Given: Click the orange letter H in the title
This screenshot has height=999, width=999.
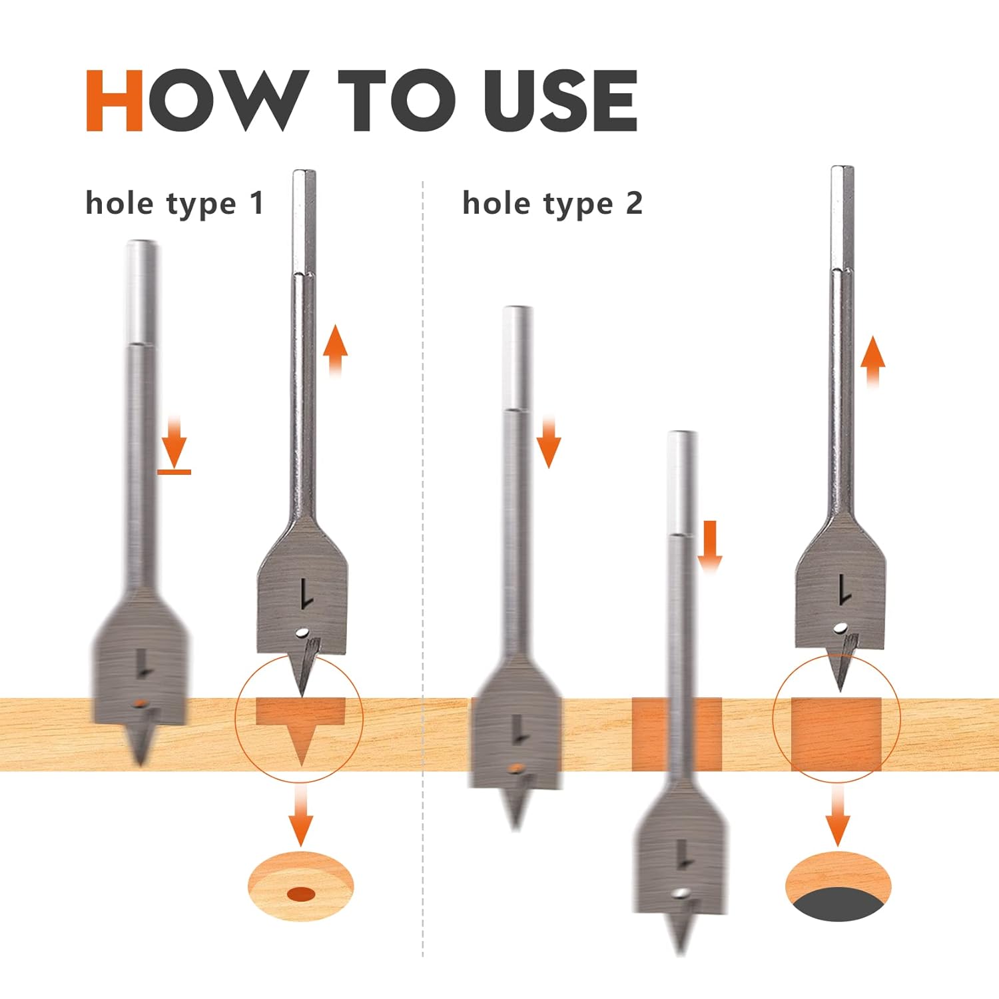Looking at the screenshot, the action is coord(114,101).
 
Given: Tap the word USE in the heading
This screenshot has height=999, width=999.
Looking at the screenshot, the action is coord(560,101).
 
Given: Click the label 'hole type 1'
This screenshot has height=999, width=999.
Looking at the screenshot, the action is coord(174,204).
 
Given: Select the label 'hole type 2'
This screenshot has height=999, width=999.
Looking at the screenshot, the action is coord(553,204).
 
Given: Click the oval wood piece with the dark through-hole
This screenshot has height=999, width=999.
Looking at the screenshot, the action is coord(838,886).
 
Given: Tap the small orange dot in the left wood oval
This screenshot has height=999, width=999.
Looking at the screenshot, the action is coord(301,893).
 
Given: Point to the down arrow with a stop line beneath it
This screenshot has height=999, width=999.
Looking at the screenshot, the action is coord(174,444).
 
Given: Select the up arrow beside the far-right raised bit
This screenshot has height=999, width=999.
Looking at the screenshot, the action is coord(872,362).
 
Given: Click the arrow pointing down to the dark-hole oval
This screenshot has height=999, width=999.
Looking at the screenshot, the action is coord(838,814).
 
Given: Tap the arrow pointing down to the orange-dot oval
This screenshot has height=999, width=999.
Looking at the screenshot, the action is coord(301,814).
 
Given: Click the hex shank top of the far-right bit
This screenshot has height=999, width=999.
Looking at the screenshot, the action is coord(842,216).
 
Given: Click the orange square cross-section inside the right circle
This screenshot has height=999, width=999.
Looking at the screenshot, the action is coord(836,734).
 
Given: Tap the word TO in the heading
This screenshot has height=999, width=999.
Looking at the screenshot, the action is coord(401,101).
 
